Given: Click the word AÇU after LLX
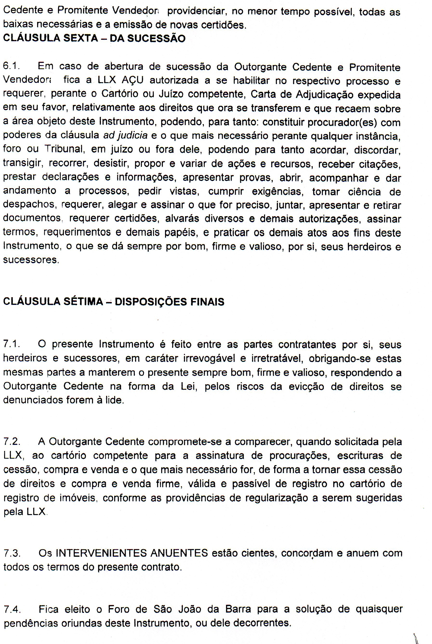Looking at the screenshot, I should (x=133, y=80).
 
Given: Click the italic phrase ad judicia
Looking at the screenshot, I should (x=125, y=135).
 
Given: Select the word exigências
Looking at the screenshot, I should (x=277, y=191).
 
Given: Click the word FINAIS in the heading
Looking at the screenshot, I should (x=207, y=302).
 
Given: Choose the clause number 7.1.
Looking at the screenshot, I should (x=12, y=344).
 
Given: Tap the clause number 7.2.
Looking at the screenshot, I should (x=12, y=442).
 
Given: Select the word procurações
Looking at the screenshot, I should (x=300, y=456).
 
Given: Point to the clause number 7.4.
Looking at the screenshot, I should (x=12, y=609).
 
